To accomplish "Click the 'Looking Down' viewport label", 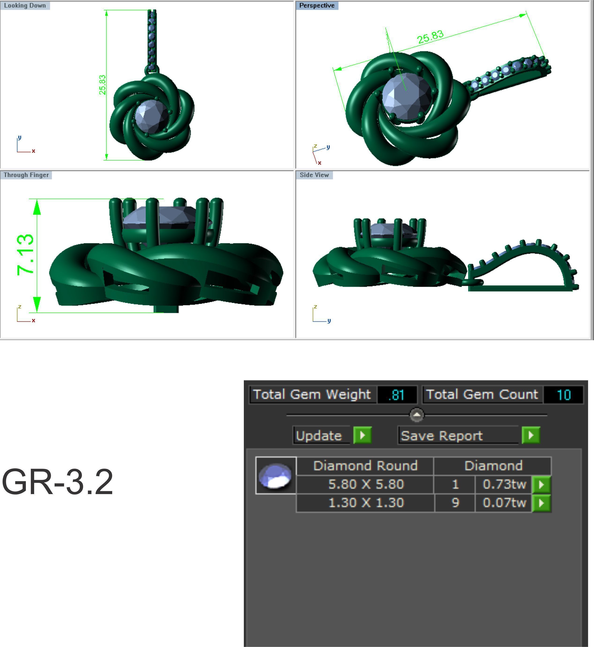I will click(25, 5).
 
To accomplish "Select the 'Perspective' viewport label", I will click(317, 5).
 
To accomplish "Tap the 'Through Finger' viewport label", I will click(26, 175).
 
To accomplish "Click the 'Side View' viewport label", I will click(314, 175).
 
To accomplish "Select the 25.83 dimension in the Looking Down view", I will click(102, 85).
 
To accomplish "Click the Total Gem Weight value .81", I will click(396, 395).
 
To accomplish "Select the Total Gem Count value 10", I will click(563, 395).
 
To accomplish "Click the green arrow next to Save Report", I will click(531, 435).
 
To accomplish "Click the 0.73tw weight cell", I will click(504, 484).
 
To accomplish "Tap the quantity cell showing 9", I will click(455, 502).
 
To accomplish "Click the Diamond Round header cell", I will click(365, 466).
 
